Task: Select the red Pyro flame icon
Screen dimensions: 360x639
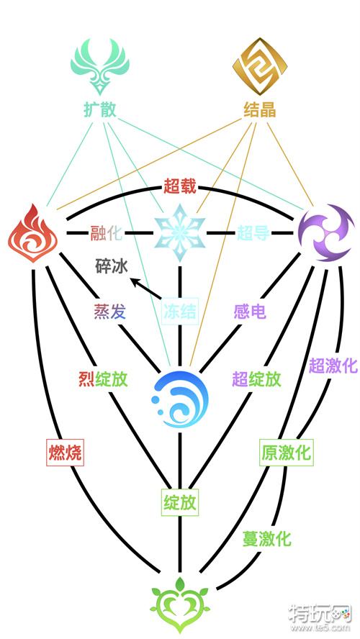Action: [33, 234]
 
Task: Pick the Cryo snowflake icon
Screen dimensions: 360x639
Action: [179, 232]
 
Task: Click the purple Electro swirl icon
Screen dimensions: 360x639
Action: [326, 233]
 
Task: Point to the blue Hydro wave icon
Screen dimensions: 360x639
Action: [180, 399]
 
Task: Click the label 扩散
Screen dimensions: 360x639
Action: [100, 110]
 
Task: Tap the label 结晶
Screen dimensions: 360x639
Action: [260, 110]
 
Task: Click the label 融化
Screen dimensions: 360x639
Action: [106, 234]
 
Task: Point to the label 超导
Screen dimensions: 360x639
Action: [253, 234]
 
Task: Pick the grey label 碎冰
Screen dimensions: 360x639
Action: [112, 268]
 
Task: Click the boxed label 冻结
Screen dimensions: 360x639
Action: [180, 312]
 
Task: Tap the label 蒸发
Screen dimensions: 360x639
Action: [110, 312]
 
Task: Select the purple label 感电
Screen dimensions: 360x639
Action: [250, 312]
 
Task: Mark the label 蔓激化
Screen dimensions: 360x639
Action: [267, 539]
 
